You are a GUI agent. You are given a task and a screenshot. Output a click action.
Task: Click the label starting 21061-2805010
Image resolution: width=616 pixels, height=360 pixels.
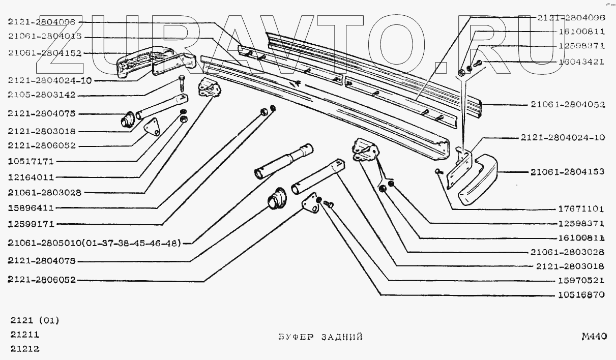(x=95, y=243)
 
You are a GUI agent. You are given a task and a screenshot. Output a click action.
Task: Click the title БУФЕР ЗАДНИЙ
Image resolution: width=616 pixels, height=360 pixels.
(x=320, y=337)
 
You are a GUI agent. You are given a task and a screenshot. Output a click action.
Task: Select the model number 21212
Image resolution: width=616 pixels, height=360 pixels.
(x=25, y=349)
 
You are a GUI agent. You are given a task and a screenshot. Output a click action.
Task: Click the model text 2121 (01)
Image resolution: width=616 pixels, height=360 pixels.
(x=35, y=321)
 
